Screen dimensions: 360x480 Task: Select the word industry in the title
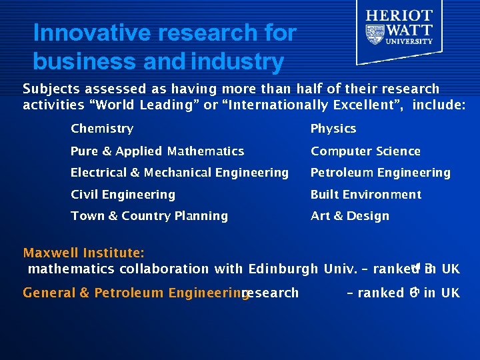pyautogui.click(x=237, y=62)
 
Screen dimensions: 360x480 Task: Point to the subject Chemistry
pyautogui.click(x=102, y=129)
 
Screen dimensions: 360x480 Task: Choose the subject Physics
pyautogui.click(x=333, y=129)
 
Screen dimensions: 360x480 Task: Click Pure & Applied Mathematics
pyautogui.click(x=157, y=151)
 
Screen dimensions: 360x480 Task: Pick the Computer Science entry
pyautogui.click(x=365, y=151)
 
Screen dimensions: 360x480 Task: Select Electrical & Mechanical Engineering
pyautogui.click(x=179, y=173)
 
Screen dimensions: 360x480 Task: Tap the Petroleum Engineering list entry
pyautogui.click(x=381, y=173)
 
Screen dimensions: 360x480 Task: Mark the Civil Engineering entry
pyautogui.click(x=123, y=195)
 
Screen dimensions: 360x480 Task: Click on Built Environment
pyautogui.click(x=366, y=195)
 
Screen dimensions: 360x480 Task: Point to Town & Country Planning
pyautogui.click(x=149, y=216)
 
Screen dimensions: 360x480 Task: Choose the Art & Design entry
pyautogui.click(x=350, y=216)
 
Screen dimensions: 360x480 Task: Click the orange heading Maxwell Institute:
pyautogui.click(x=85, y=253)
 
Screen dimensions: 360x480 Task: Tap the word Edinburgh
pyautogui.click(x=283, y=269)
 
